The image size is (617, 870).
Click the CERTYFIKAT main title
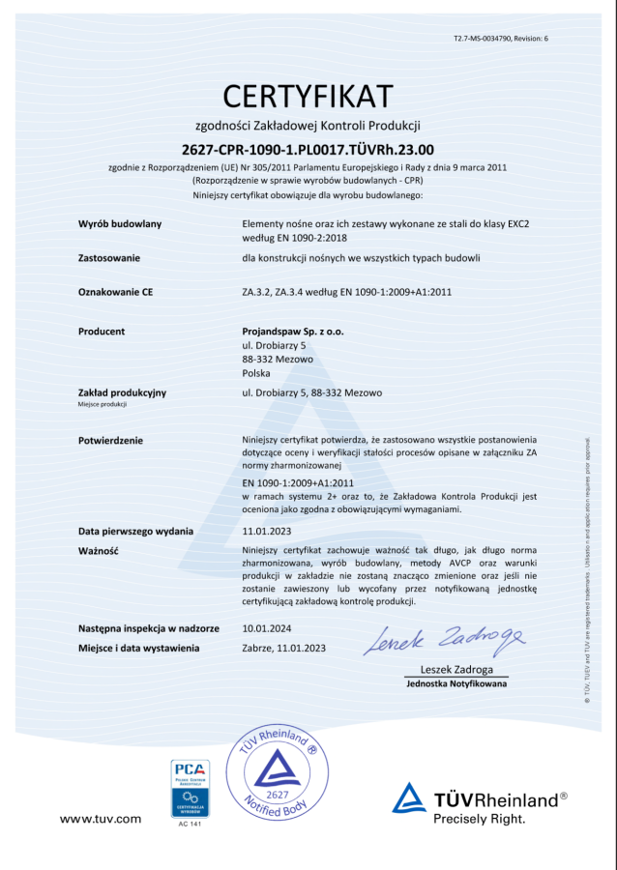308,96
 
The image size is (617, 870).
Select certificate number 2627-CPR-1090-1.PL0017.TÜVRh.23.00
308,149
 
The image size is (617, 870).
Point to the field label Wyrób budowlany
119,223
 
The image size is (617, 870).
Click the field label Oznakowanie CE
115,290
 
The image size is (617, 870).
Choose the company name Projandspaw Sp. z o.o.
293,332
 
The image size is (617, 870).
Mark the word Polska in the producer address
256,372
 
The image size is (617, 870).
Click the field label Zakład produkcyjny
122,392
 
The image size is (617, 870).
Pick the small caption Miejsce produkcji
103,404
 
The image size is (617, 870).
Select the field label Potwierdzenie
110,440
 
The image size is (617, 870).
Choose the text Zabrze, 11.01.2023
284,648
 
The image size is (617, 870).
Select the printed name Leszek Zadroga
456,670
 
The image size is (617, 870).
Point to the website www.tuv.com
101,819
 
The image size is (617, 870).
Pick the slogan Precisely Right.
480,818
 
